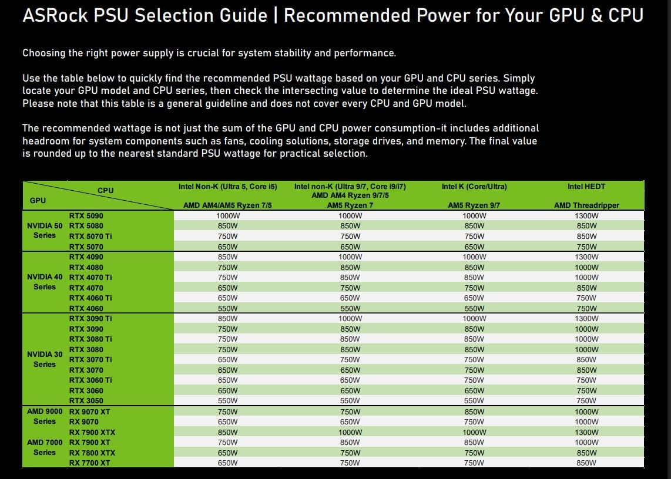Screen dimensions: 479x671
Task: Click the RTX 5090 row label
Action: click(86, 215)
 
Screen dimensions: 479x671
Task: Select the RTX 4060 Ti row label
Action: click(90, 298)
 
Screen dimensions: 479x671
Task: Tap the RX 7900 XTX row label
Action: click(92, 432)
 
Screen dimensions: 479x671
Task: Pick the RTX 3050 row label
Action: click(86, 401)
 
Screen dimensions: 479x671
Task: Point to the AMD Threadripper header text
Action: click(586, 205)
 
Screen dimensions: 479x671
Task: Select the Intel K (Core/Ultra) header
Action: click(474, 187)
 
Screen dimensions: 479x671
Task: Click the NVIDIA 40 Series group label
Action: click(45, 282)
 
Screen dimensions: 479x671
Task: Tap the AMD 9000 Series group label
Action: click(45, 417)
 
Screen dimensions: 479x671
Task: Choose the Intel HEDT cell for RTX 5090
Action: click(586, 216)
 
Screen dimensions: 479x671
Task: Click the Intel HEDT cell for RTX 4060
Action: click(586, 309)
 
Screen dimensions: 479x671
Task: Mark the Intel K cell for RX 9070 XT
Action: click(474, 412)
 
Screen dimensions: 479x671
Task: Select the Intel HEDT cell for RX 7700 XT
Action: click(586, 463)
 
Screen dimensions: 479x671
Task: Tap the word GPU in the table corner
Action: click(38, 201)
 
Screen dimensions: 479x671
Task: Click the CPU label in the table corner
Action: click(106, 190)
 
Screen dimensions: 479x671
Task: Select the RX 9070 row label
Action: click(84, 421)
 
